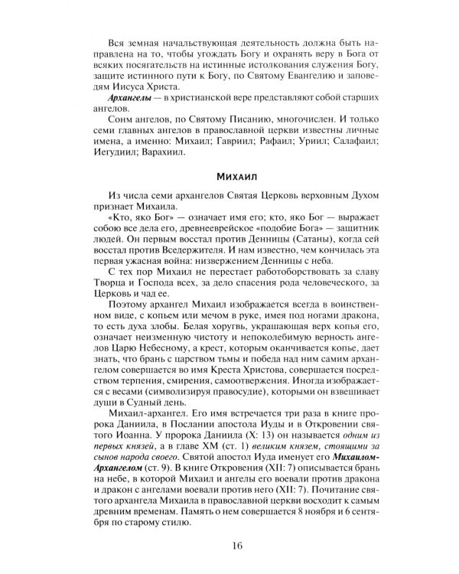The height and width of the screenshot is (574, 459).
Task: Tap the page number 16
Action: pos(229,545)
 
